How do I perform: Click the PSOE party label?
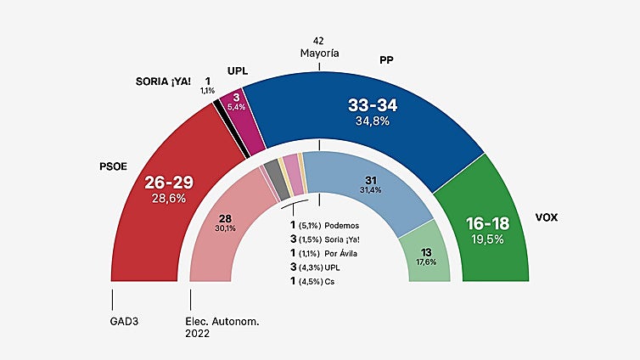pos(113,166)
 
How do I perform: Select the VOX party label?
pos(547,217)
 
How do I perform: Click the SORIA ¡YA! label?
pos(163,82)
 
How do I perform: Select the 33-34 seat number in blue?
pos(373,106)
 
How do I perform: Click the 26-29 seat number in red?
pos(169,183)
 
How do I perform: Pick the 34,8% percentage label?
pos(373,122)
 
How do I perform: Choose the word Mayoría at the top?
pos(319,53)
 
